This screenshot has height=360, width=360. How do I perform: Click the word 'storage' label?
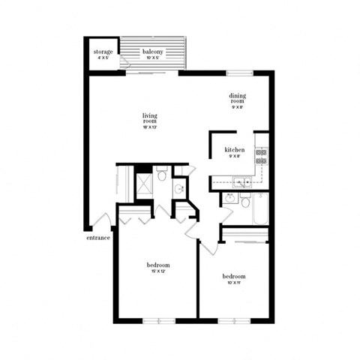pyautogui.click(x=103, y=52)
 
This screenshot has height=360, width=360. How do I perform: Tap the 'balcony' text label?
pyautogui.click(x=153, y=52)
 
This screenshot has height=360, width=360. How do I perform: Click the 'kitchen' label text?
pyautogui.click(x=235, y=150)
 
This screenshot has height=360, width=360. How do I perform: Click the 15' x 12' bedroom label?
pyautogui.click(x=157, y=265)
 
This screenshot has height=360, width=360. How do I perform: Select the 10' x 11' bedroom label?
pyautogui.click(x=234, y=277)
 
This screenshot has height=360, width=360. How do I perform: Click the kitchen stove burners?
pyautogui.click(x=261, y=156)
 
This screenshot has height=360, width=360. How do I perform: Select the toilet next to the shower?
pyautogui.click(x=161, y=175)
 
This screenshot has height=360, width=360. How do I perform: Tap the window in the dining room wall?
pyautogui.click(x=238, y=73)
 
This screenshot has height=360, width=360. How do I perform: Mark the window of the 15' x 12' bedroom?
pyautogui.click(x=158, y=321)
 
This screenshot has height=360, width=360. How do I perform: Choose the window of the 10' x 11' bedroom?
pyautogui.click(x=233, y=321)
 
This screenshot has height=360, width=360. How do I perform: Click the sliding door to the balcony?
pyautogui.click(x=152, y=72)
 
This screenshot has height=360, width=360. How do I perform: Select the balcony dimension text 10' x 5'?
pyautogui.click(x=153, y=58)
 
